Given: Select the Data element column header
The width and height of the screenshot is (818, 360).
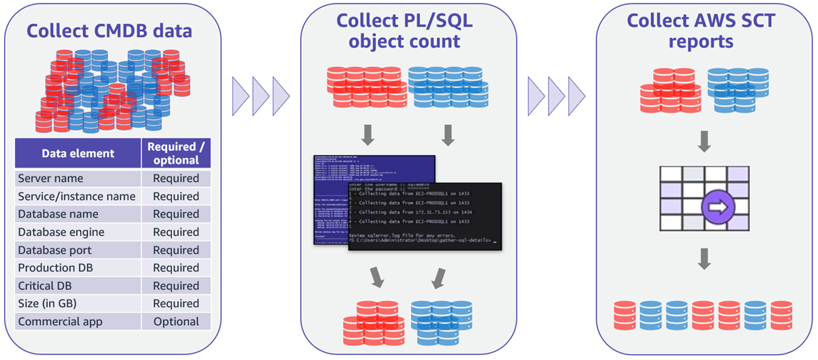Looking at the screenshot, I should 78,153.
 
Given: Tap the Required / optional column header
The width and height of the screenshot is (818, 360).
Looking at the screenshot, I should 177,153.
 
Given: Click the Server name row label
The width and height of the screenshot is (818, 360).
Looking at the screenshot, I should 50,179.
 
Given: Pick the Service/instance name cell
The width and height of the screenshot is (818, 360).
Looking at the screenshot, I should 76,196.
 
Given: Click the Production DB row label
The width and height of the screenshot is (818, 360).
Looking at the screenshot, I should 57,268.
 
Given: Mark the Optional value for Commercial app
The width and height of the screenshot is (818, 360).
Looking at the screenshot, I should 177,322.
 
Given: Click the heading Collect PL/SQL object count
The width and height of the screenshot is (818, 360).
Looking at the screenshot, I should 405,31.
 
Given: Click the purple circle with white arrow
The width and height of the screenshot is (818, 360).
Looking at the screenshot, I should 717,205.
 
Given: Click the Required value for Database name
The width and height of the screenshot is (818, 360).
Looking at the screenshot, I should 177,214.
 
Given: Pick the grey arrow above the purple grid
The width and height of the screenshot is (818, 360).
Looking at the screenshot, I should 705,142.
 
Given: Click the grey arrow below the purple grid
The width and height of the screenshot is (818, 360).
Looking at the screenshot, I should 705,258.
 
